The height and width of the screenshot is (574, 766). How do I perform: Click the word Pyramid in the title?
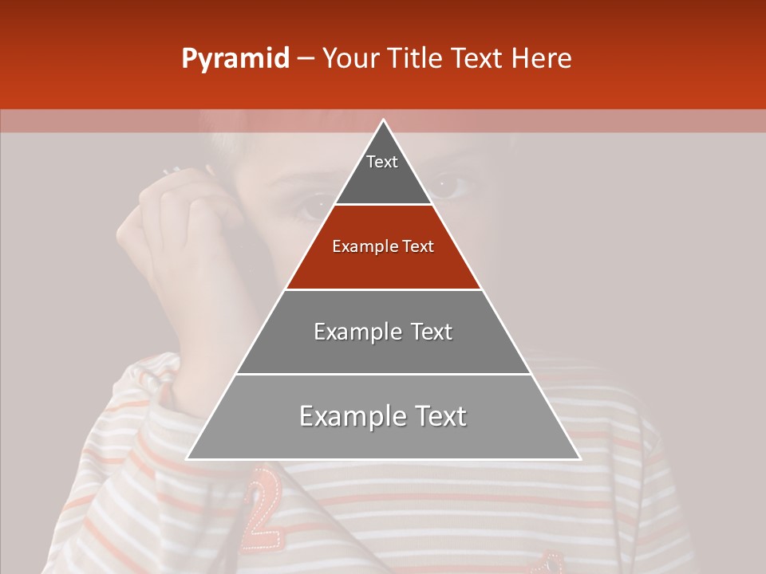point(235,59)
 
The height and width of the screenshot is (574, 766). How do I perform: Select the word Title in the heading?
point(418,58)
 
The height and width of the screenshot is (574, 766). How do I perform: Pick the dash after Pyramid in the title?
point(306,59)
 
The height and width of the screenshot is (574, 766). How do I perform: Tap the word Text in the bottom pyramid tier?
point(439,416)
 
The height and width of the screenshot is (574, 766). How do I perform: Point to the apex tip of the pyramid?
point(383,120)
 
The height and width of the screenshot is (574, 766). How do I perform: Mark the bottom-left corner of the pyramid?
point(187,459)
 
